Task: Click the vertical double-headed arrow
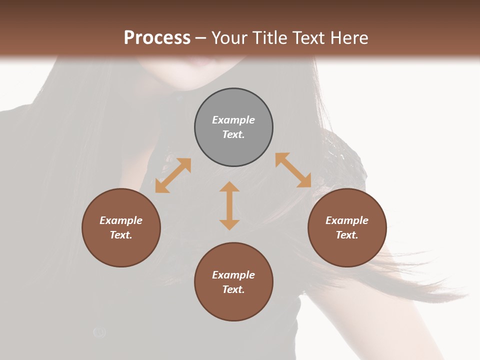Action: [x=229, y=205]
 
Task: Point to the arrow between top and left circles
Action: [x=173, y=175]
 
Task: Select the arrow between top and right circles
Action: [x=293, y=170]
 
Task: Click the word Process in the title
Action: [x=157, y=37]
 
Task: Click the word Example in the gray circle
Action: [x=233, y=120]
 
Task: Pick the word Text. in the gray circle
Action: [x=233, y=134]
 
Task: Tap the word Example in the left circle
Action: [x=121, y=220]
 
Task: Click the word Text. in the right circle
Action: [x=347, y=235]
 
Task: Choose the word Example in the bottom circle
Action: [x=233, y=275]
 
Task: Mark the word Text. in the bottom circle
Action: [x=233, y=289]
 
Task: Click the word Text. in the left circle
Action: [x=121, y=235]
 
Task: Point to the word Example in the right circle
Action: [x=347, y=220]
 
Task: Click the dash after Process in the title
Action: [x=201, y=38]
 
